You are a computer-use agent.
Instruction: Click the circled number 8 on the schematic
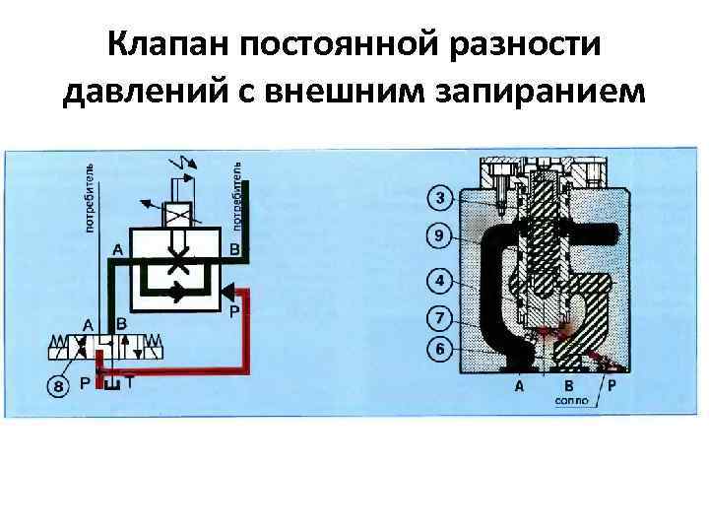click(x=59, y=387)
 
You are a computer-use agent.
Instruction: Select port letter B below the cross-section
click(x=568, y=387)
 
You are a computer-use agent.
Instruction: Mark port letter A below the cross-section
click(x=519, y=387)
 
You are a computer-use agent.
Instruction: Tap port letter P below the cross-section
click(x=612, y=387)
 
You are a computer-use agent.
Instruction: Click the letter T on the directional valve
click(x=130, y=383)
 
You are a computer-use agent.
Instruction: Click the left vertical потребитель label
click(x=90, y=197)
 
